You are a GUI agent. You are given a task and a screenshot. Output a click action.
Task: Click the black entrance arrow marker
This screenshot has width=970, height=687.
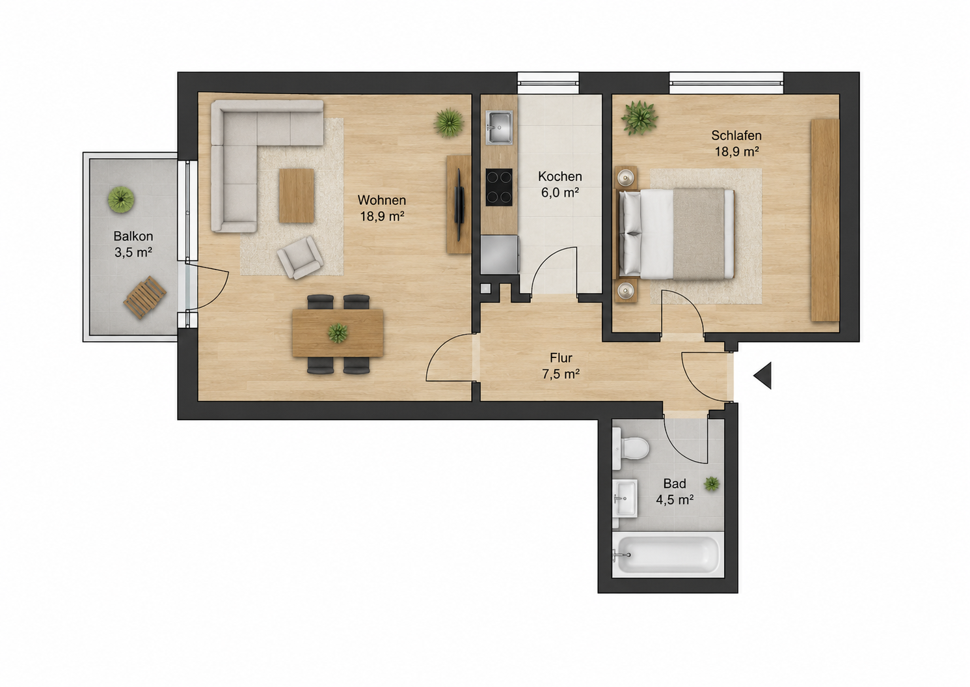pos(764,375)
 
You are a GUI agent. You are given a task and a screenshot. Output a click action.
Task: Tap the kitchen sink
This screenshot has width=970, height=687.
pos(499,127)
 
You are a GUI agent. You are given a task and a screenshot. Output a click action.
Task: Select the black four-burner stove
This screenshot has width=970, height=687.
pos(499,188)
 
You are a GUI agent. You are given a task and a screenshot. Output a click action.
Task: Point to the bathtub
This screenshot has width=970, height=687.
pos(667,555)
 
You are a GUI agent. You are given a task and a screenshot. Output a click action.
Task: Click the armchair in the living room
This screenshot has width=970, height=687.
pos(300,257)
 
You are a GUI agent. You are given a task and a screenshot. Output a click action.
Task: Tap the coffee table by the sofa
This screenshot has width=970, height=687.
pos(297,196)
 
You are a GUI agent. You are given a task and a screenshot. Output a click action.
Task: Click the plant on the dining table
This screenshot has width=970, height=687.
pos(338,333)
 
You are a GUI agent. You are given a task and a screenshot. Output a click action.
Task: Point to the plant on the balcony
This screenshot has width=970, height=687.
pos(121,199)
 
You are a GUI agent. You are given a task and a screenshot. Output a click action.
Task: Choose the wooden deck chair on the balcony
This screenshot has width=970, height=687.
pos(144,298)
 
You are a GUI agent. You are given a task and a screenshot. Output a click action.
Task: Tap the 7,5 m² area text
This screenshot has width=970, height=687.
pos(561,374)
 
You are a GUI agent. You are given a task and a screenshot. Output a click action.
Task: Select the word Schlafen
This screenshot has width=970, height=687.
pos(736,135)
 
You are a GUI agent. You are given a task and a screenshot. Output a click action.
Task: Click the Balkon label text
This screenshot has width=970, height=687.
pos(133,236)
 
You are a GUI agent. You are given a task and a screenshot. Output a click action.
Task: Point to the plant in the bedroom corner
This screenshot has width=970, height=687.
pos(640,118)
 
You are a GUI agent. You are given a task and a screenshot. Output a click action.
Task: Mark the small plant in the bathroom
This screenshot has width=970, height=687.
pos(712,484)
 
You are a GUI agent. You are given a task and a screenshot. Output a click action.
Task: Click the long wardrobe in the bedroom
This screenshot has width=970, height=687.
pos(825,220)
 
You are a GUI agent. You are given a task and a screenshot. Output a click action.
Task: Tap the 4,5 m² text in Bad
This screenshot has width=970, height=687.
pos(675,500)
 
